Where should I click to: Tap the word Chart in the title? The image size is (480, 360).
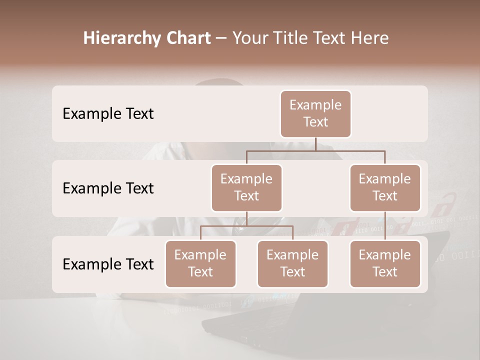(x=186, y=38)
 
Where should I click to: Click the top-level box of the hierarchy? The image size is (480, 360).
(x=315, y=113)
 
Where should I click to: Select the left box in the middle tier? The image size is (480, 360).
(x=246, y=187)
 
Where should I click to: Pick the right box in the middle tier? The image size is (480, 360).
(x=385, y=187)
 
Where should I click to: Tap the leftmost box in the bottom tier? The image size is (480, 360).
(x=200, y=263)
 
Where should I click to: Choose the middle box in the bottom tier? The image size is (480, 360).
(x=292, y=263)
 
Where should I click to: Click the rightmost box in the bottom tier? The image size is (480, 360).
(x=385, y=263)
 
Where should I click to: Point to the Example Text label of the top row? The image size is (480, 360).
(x=108, y=113)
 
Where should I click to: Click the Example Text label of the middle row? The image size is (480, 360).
(x=108, y=188)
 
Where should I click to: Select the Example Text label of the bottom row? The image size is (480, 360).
(x=108, y=264)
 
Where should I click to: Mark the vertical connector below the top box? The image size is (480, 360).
(x=315, y=144)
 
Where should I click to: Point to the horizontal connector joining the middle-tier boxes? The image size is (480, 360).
(x=315, y=150)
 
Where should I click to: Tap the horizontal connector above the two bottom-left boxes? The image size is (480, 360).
(x=246, y=226)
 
